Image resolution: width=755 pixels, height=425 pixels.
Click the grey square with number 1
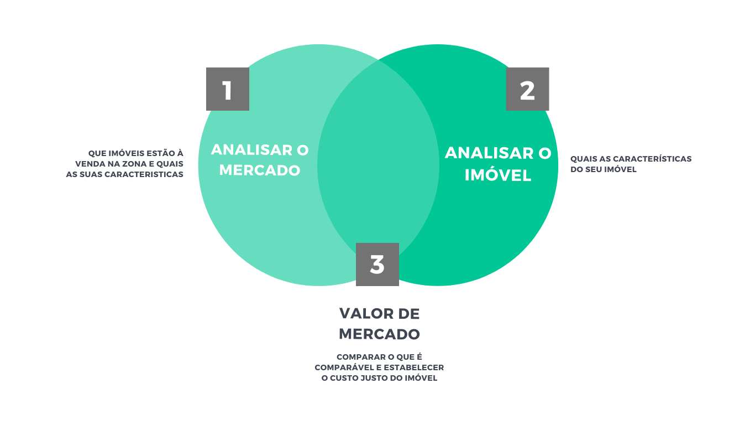pos(227,89)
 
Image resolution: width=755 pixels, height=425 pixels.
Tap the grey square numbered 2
pos(527,89)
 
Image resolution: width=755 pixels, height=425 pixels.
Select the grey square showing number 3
pos(377,265)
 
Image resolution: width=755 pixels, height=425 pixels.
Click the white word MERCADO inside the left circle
pos(260,170)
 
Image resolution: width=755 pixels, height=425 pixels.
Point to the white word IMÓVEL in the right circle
pos(498,175)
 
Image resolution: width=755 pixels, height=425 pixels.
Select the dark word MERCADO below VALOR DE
pos(379,334)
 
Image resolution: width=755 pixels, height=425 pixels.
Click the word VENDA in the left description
pos(89,164)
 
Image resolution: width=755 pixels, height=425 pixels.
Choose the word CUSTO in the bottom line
pos(347,378)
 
